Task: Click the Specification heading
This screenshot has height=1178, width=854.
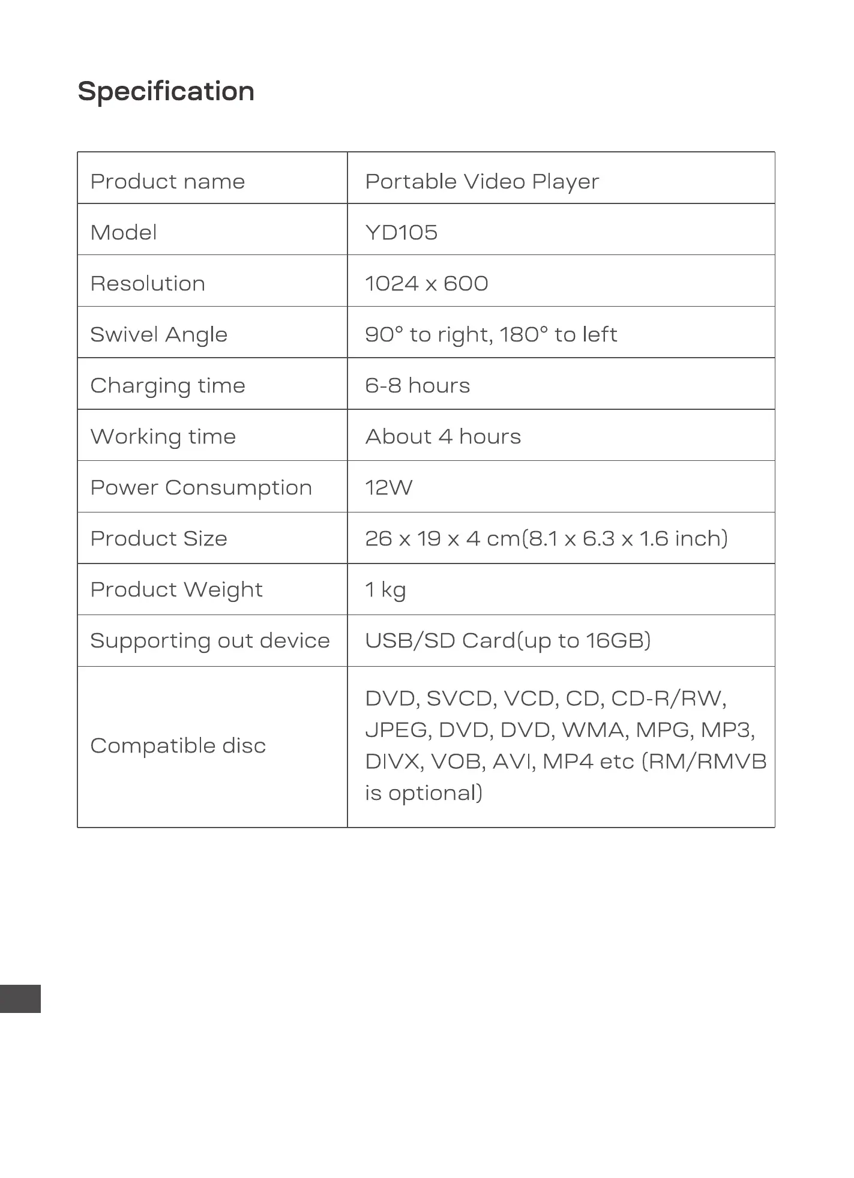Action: click(x=166, y=92)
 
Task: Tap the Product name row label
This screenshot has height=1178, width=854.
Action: click(x=167, y=181)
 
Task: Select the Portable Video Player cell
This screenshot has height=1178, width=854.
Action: click(x=482, y=181)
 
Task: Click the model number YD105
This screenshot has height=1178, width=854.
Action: click(x=401, y=232)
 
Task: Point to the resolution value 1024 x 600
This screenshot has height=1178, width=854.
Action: click(x=426, y=283)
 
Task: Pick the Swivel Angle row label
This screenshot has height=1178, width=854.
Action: click(x=159, y=334)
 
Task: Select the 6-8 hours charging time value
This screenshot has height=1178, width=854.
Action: click(x=417, y=385)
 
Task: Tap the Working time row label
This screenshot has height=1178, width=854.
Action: click(x=163, y=436)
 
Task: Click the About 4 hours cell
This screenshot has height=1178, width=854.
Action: click(x=443, y=436)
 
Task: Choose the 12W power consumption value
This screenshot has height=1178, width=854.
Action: click(x=388, y=487)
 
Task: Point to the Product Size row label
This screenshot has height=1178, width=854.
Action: click(x=159, y=538)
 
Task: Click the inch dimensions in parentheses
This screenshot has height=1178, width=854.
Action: click(x=625, y=538)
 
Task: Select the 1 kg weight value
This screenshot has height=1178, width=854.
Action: click(x=385, y=590)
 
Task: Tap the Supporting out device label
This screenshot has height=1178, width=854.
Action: click(x=210, y=640)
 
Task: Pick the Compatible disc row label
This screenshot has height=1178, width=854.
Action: click(x=178, y=746)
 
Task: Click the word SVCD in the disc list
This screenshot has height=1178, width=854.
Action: click(x=460, y=699)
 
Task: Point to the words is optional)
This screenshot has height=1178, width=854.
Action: click(x=424, y=793)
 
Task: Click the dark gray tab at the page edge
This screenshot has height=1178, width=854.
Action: click(x=20, y=999)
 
